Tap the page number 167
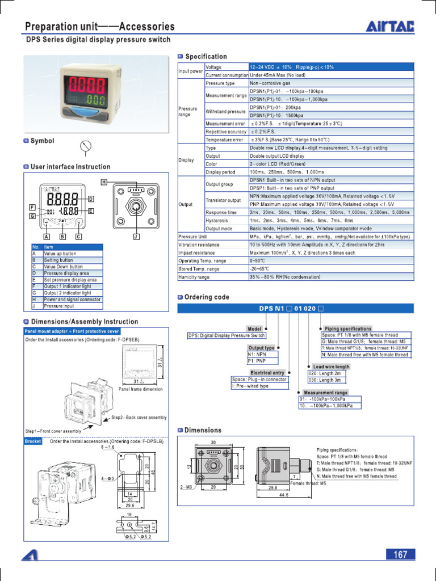click(401, 554)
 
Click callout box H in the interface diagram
click(104, 182)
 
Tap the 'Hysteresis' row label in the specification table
click(216, 220)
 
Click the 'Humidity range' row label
click(194, 277)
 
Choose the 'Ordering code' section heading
click(207, 297)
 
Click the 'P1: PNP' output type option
click(257, 360)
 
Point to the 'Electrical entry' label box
click(267, 373)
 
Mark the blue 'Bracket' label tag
click(33, 441)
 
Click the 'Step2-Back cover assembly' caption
click(139, 418)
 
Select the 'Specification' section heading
click(206, 57)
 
